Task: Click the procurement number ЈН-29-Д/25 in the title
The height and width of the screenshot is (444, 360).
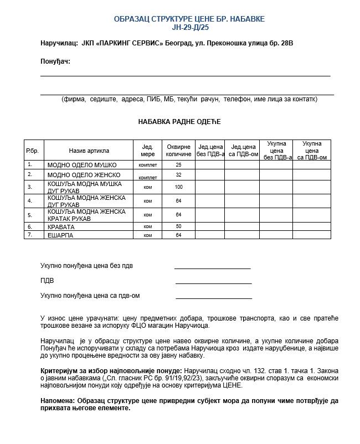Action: (x=189, y=27)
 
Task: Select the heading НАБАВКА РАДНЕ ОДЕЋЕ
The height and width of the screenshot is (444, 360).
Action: (x=179, y=122)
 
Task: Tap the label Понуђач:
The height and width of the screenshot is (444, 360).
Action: (x=55, y=61)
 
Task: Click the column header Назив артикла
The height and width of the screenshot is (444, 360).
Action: (x=89, y=151)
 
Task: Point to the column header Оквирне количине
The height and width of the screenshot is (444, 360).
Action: (x=178, y=151)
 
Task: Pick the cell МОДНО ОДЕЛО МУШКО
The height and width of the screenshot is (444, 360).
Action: (x=82, y=165)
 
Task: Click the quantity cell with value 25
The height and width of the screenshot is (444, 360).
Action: (x=178, y=165)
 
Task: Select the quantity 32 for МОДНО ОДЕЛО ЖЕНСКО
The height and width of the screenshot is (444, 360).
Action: (x=178, y=175)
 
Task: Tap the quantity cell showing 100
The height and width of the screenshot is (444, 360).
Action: (x=178, y=187)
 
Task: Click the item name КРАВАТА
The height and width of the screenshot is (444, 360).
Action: (x=61, y=227)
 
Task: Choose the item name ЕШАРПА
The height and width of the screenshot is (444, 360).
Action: (x=60, y=235)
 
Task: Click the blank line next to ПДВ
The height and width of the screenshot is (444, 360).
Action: (x=213, y=282)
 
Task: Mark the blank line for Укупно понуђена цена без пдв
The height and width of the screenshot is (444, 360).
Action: (x=212, y=267)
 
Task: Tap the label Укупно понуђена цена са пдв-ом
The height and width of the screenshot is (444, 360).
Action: (x=90, y=296)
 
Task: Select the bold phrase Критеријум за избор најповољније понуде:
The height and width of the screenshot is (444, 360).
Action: (x=111, y=370)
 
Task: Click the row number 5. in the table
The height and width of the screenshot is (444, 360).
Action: (x=30, y=215)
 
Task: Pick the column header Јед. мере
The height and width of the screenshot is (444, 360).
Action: (x=148, y=151)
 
